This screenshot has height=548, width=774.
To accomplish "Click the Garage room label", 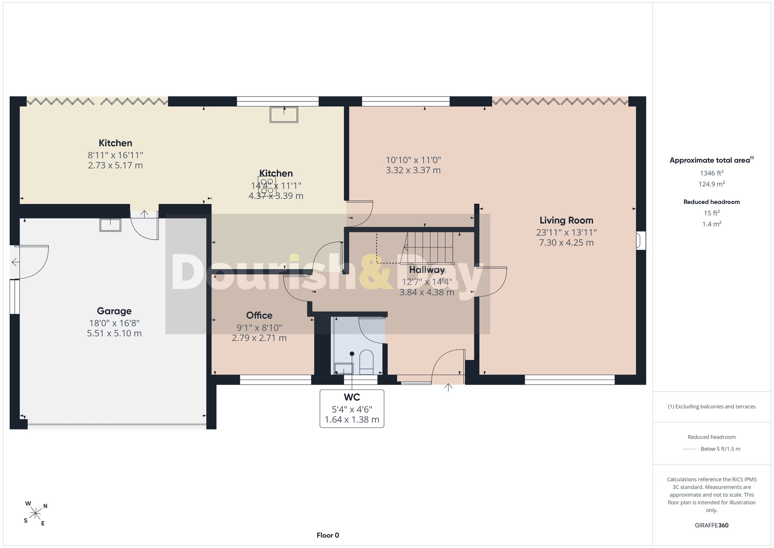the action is point(114,311).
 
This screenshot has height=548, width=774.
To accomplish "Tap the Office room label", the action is point(259,315).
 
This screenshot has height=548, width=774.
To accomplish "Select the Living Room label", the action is point(567,220).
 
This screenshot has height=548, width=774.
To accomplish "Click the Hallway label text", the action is point(427,270).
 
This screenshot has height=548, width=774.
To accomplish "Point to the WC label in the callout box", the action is point(352,397).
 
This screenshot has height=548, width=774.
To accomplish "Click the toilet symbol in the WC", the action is point(366,362).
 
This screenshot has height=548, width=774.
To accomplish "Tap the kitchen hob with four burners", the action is point(267,186).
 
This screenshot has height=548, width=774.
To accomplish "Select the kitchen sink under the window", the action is point(284,115).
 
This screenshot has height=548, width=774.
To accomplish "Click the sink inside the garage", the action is point(110,225).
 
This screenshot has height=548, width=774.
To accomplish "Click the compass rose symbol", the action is point(36,514).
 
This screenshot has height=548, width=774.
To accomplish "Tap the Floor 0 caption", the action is point(328,535).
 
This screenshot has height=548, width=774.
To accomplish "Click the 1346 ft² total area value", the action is point(712,173).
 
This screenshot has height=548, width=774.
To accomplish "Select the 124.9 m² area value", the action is point(712,184).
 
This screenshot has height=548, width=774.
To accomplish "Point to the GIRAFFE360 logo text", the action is point(712,525).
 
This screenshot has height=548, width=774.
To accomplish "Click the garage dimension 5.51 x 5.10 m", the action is point(114,333).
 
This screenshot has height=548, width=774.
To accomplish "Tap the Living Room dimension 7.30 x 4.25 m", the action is point(567,242).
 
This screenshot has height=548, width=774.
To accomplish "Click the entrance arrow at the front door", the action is point(448,387).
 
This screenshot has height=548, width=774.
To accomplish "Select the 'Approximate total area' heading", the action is point(712,160).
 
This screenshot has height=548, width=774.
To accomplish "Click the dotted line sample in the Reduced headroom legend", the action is point(690,449).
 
